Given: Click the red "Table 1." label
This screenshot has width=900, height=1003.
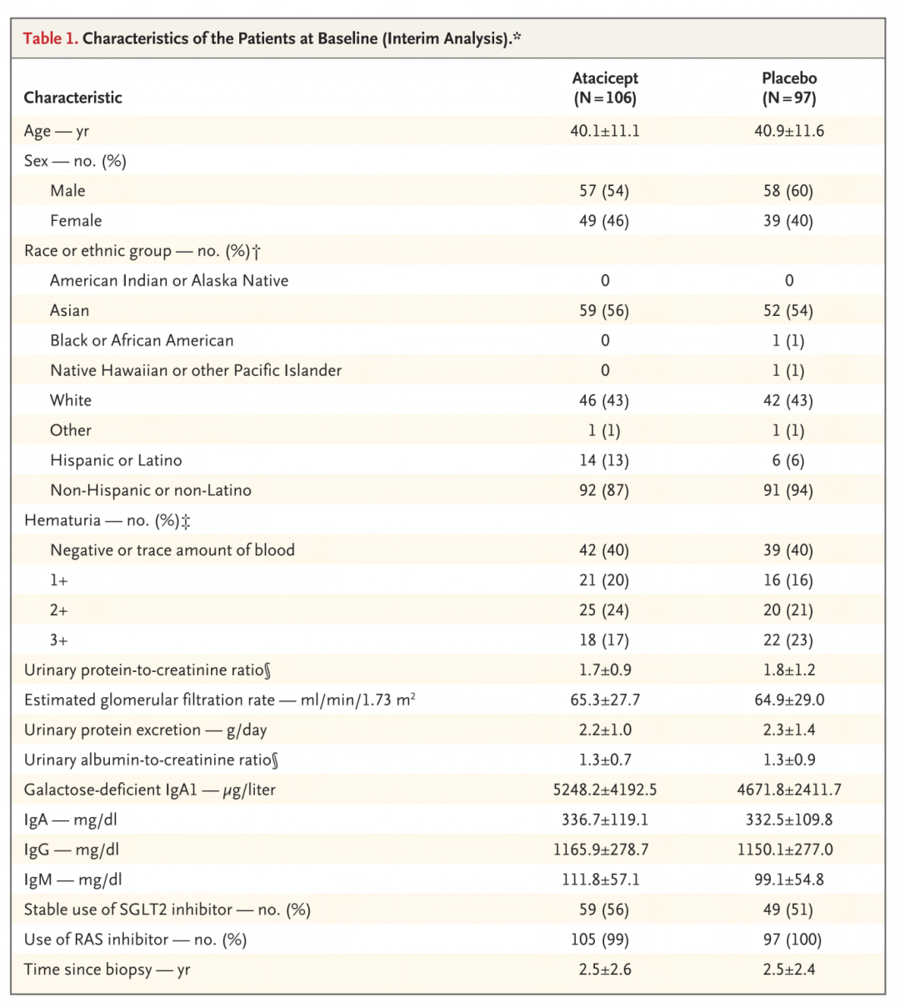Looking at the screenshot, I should [50, 38].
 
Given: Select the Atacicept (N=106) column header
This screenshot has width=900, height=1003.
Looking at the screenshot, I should [605, 88].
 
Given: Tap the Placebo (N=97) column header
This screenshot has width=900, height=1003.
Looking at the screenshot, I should [789, 88].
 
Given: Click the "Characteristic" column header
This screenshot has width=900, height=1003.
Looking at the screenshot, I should [72, 98].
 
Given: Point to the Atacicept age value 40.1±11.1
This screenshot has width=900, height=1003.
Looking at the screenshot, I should [605, 131].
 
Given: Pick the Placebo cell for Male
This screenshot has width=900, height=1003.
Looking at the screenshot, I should [788, 191].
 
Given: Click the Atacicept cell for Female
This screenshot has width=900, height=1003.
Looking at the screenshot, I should [605, 221].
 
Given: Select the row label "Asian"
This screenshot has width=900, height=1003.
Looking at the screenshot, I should [69, 311].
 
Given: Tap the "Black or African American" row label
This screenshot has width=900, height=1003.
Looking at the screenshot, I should [142, 341].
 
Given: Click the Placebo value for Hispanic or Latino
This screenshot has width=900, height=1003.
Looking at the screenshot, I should [788, 460].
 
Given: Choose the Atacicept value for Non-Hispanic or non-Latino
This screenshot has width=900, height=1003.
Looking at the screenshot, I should [605, 490].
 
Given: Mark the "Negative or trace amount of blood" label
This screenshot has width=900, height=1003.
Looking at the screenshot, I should [172, 550].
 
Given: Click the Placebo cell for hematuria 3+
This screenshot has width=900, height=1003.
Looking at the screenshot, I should [788, 640].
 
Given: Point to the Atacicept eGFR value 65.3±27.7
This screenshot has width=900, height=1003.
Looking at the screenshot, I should [605, 700].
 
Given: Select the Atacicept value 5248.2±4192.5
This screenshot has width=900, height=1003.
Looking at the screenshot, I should [605, 790].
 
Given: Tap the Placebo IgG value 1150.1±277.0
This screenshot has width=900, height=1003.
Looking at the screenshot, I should [788, 850].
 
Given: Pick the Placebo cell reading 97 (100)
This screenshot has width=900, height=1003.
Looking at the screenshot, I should [788, 940].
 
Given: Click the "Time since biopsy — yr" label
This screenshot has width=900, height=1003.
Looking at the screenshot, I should [107, 970].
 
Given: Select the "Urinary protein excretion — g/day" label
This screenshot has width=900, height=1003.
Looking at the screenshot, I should [145, 730].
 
